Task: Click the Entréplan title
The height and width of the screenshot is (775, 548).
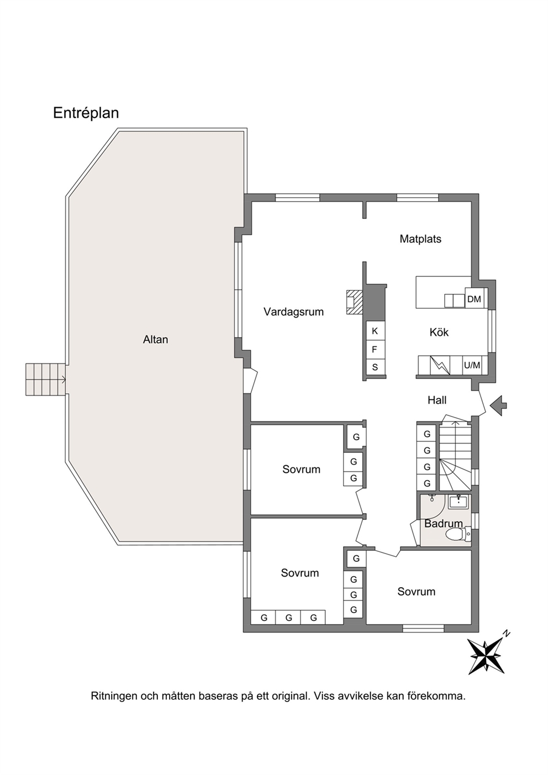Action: click(x=86, y=113)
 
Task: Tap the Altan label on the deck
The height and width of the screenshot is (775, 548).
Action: click(x=155, y=339)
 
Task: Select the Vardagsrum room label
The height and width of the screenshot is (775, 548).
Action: click(x=293, y=312)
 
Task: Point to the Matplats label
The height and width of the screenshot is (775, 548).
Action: click(x=420, y=239)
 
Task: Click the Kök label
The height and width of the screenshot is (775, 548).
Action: click(x=439, y=332)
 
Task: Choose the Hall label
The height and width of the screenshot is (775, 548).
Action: click(x=437, y=400)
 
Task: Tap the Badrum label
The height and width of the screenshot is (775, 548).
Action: click(x=443, y=524)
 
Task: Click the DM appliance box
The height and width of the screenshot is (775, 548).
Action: click(x=474, y=299)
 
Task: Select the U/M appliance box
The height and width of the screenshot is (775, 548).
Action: click(x=472, y=365)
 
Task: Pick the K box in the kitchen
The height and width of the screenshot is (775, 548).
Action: click(x=375, y=331)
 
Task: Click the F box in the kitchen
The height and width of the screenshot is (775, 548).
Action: click(x=375, y=350)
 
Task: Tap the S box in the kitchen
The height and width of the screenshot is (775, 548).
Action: click(x=375, y=367)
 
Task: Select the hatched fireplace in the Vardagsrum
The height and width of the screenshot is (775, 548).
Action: click(x=354, y=302)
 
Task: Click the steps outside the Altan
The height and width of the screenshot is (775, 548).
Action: click(x=45, y=379)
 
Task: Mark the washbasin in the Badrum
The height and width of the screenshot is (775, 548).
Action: click(x=459, y=502)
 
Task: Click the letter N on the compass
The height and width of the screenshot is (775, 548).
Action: click(x=507, y=634)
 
